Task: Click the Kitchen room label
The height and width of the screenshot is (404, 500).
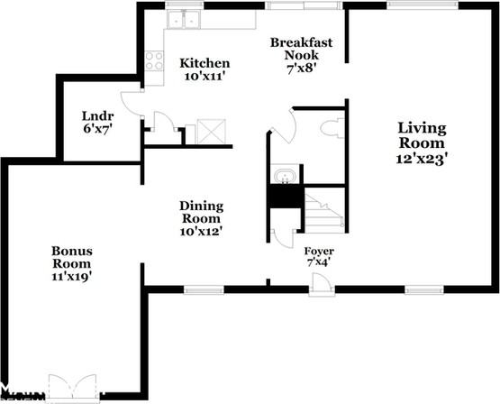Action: (205, 63)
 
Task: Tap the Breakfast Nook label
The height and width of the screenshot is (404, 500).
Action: (301, 49)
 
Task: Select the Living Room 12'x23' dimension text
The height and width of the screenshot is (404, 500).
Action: (421, 159)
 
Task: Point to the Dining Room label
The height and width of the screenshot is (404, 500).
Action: (201, 212)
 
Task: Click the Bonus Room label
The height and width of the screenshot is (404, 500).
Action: (72, 257)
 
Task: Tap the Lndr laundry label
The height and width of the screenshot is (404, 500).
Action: (98, 115)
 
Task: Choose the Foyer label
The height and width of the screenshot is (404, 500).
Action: (319, 251)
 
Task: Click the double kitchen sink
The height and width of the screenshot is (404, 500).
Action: (184, 19)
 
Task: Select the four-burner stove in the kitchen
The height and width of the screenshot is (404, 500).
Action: (154, 61)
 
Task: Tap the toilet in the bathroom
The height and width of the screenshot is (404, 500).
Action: (332, 128)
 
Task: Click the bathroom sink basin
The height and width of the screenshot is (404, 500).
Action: (285, 175)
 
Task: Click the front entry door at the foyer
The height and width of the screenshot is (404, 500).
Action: (322, 285)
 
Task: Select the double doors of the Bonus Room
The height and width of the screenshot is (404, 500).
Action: (72, 386)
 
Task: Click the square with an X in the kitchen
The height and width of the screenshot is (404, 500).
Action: (212, 131)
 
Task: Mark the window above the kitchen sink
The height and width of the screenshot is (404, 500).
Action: (185, 5)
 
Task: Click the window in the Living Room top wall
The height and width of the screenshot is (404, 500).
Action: (423, 5)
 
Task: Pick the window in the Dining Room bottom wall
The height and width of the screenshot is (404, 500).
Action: (205, 289)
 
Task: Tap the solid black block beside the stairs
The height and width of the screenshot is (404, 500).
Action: (286, 197)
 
